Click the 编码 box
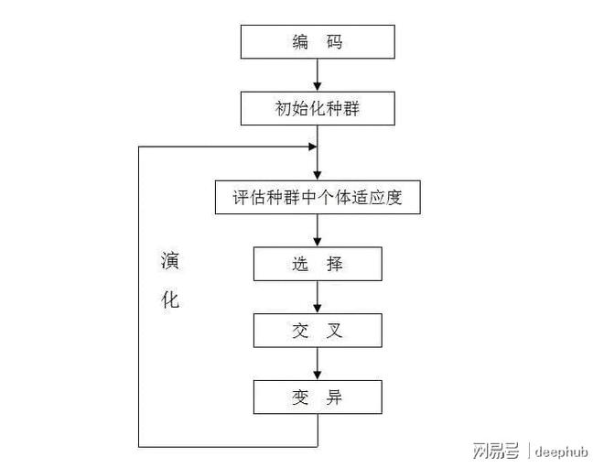pos(318,42)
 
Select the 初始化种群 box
pos(318,108)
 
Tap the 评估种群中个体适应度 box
pos(318,197)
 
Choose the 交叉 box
pos(318,331)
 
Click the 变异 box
pos(318,397)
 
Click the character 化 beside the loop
pos(171,300)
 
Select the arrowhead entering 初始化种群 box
pos(318,86)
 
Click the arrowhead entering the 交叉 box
pos(318,309)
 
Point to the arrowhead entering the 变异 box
pos(318,375)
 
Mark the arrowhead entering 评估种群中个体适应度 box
pos(318,175)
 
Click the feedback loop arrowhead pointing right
pos(312,147)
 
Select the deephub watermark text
pos(561,450)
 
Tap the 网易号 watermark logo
pos(495,450)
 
